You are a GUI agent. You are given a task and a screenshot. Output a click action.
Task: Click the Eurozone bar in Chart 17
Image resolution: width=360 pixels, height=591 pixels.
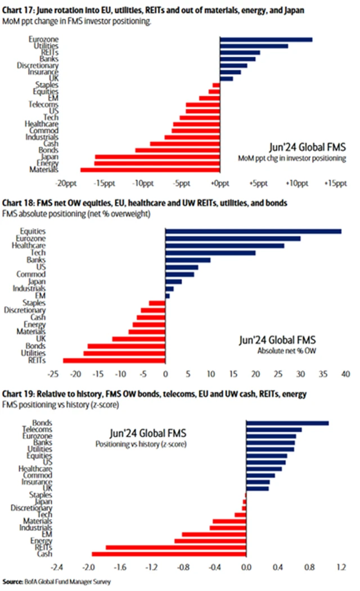(x=265, y=39)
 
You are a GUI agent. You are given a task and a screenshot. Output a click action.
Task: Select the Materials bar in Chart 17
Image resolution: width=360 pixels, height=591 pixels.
(x=149, y=169)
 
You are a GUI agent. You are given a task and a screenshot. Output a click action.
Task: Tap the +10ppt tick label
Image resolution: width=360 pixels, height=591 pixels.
(x=296, y=183)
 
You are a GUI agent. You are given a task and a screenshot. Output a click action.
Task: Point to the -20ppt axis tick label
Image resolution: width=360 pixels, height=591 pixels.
(x=66, y=183)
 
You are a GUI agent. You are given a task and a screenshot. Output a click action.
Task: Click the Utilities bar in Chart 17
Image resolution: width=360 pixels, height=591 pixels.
(x=253, y=46)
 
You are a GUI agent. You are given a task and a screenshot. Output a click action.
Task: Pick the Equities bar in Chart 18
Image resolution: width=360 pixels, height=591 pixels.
(x=253, y=231)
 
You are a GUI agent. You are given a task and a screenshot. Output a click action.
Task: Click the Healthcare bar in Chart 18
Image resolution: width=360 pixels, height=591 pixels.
(x=224, y=245)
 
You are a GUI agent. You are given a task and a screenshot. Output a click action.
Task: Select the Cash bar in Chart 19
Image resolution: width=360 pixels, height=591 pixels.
(x=169, y=554)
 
